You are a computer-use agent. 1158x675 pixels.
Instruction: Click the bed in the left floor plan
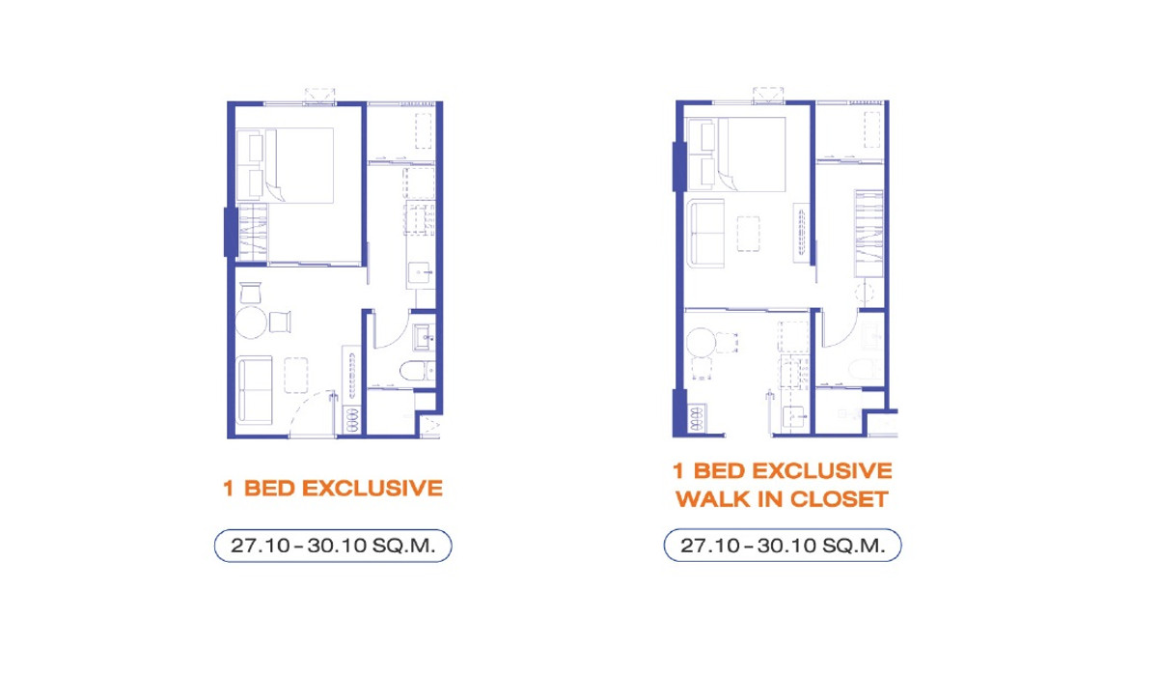[285, 165]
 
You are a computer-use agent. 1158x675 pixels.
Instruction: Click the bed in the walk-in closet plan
[735, 155]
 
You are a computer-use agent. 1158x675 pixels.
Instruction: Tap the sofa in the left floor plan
[255, 389]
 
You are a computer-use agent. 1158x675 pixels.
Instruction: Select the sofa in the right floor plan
[705, 234]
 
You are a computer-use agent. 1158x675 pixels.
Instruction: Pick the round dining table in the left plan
[251, 323]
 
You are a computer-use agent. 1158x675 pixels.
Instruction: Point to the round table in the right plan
[701, 343]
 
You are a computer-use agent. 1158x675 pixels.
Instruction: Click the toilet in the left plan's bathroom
[417, 371]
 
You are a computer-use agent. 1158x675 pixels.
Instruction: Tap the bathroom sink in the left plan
[424, 337]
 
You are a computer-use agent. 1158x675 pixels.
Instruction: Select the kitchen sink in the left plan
[420, 273]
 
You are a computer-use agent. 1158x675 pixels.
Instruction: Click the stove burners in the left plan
[351, 419]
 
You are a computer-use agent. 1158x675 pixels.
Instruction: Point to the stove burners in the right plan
[697, 418]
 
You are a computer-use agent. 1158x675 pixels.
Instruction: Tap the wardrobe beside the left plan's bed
[253, 233]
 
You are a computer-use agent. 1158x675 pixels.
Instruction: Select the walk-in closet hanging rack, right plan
[869, 234]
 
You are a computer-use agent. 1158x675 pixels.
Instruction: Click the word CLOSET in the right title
[839, 499]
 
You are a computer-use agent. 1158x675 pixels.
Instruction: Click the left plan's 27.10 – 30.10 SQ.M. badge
[333, 546]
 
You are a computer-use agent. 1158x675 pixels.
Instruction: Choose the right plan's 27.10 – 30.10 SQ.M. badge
[783, 546]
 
